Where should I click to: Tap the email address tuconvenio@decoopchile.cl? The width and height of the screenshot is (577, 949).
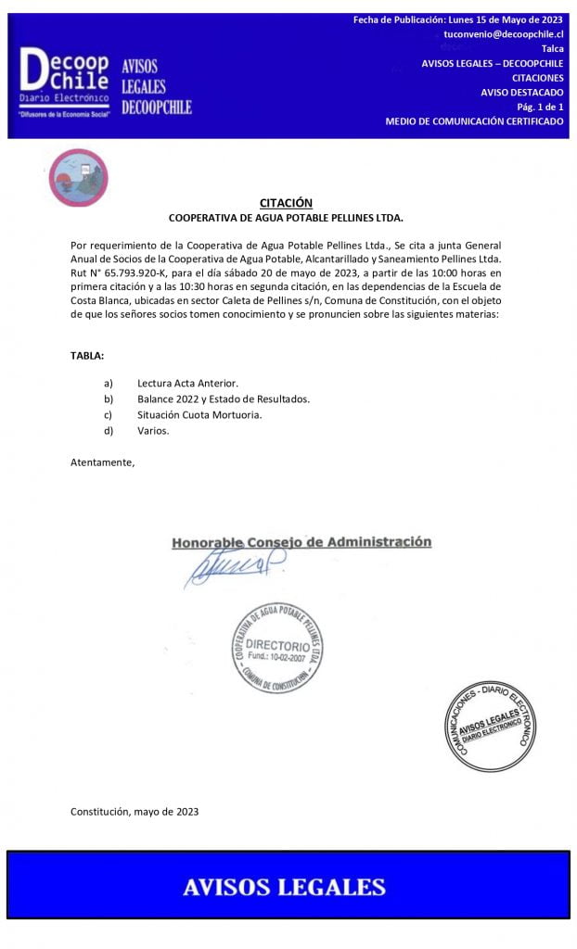504,33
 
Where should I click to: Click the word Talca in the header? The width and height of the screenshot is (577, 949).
551,48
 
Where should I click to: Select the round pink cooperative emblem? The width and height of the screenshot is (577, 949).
78,178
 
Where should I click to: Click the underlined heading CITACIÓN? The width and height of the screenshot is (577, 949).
286,203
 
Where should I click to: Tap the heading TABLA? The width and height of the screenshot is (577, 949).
88,356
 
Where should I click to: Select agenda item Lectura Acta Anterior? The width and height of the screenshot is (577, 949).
187,383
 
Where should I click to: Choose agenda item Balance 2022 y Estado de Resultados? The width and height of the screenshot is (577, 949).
223,399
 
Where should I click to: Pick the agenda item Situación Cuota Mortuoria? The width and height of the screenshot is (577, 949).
199,414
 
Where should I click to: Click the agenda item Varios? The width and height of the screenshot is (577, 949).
153,430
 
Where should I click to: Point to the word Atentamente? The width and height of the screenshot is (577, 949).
102,462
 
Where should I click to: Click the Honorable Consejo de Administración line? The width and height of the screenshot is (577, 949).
301,542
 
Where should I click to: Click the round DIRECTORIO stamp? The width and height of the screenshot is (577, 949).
279,646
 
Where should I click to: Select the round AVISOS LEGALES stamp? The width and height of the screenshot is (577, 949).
489,726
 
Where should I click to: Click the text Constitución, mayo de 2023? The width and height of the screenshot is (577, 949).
135,812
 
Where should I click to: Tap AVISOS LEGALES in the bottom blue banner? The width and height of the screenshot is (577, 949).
284,886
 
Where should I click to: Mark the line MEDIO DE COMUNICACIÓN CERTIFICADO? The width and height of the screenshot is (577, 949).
474,121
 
